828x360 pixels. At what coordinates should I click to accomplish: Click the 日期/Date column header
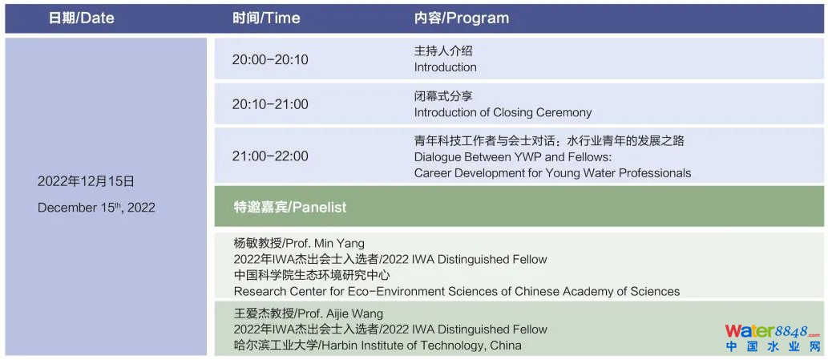point(81,18)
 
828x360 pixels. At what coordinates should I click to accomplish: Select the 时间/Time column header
point(266,18)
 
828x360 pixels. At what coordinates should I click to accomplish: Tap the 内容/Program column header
point(462,18)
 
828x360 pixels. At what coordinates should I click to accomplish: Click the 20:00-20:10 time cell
point(270,59)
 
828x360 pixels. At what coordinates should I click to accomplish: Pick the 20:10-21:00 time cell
point(270,104)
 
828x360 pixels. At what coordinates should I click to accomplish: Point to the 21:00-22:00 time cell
point(270,156)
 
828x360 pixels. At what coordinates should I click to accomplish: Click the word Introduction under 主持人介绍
point(445,67)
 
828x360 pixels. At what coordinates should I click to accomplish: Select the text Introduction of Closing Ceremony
point(503,112)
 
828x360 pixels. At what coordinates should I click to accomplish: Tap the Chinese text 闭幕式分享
point(443,96)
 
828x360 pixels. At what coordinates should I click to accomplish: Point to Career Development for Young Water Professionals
point(552,173)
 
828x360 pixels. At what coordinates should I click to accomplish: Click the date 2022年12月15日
point(86,182)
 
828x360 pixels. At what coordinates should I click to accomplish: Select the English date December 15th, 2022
point(96,208)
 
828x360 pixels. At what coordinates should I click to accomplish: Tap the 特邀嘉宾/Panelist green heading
point(290,207)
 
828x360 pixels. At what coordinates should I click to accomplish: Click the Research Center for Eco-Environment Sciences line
point(457,291)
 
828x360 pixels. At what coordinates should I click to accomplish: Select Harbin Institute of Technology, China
point(420,346)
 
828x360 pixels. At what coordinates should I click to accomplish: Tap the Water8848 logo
point(773,338)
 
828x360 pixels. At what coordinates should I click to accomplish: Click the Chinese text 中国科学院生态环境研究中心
point(312,275)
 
